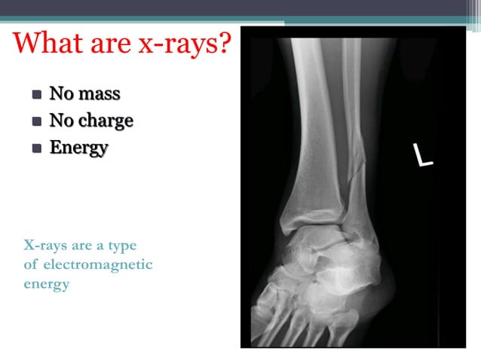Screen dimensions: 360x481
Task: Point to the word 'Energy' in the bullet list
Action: coord(78,147)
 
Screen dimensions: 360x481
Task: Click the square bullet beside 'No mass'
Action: coord(36,96)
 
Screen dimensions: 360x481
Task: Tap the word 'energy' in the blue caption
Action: coord(46,285)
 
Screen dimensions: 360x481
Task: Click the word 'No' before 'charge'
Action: coord(62,121)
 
